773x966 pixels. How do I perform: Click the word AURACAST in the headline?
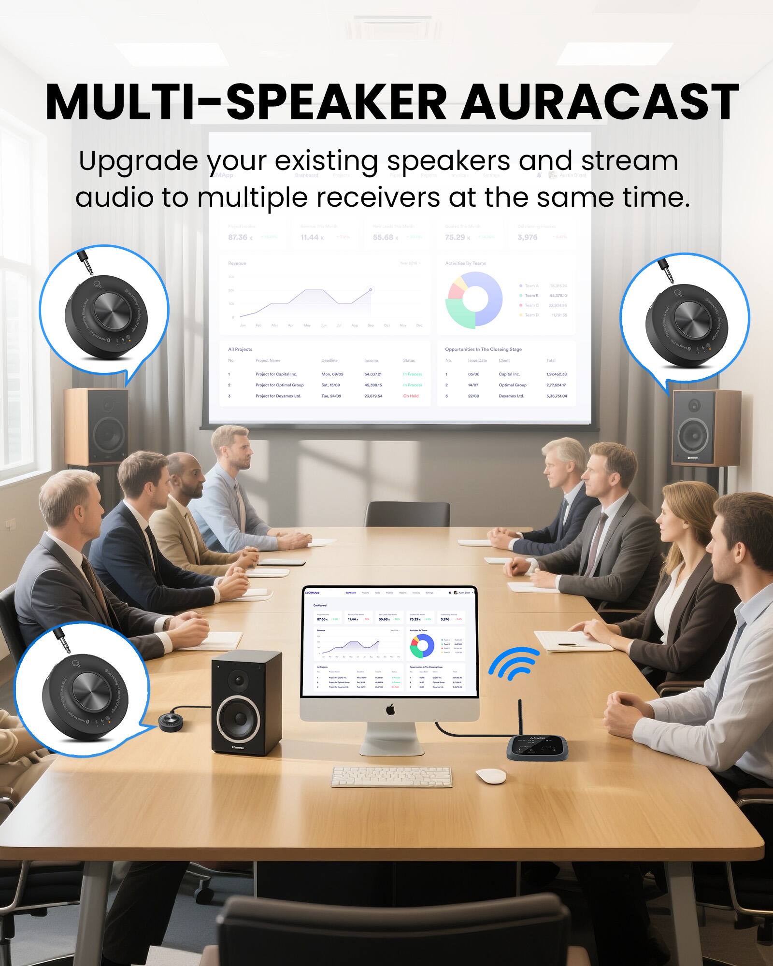pos(599,102)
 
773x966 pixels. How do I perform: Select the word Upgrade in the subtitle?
pos(138,161)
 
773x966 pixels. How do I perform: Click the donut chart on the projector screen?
pos(474,299)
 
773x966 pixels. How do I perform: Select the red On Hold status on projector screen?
pos(411,396)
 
